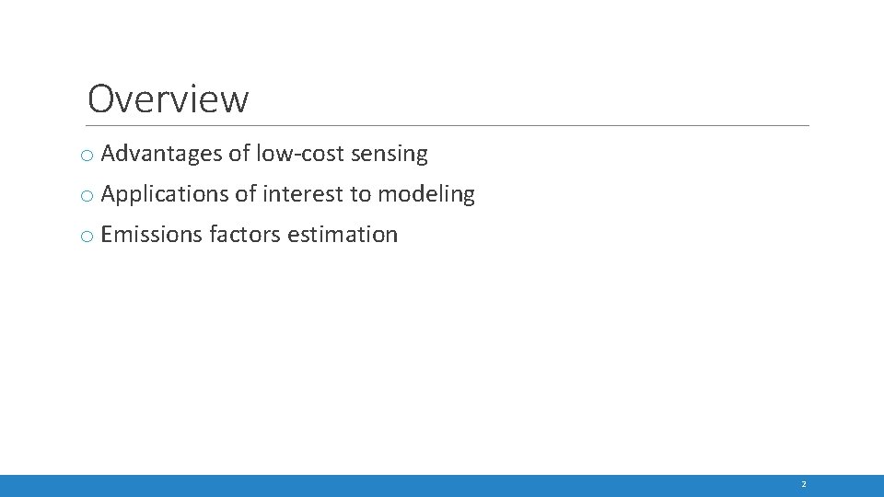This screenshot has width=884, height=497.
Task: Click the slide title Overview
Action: click(168, 99)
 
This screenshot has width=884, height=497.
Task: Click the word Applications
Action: click(164, 194)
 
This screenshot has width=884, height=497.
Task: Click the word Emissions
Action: click(151, 235)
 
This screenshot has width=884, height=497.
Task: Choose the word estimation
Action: click(343, 235)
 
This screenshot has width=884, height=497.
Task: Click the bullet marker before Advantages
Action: click(86, 156)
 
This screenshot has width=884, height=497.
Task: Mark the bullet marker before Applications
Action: click(86, 197)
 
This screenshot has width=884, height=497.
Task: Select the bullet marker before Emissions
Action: click(86, 237)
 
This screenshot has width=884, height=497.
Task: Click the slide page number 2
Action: click(803, 485)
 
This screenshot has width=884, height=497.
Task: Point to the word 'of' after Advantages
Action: click(238, 154)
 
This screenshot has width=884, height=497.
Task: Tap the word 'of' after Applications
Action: click(245, 194)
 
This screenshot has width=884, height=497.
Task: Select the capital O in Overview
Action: click(101, 99)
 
